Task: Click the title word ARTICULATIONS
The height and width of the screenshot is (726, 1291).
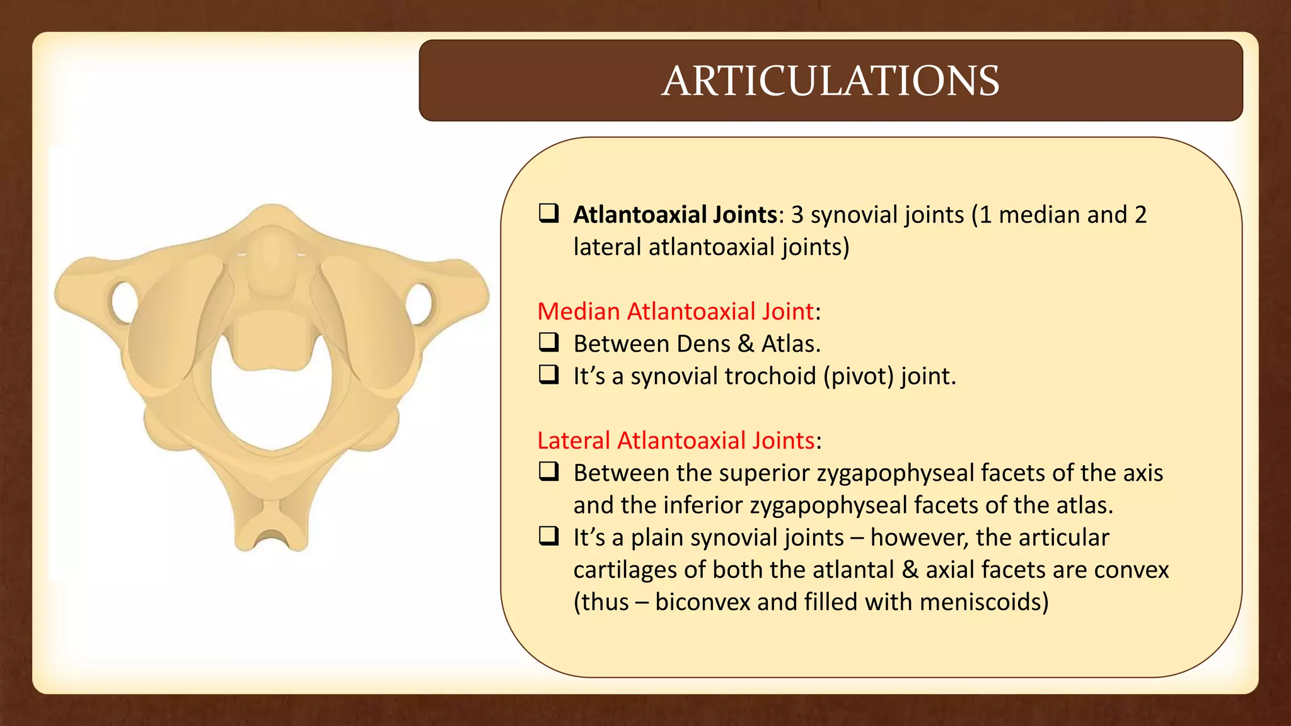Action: pos(830,81)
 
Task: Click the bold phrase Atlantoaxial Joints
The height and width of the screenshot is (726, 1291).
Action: pos(674,215)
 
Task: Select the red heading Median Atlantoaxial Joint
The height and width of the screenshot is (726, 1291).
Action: pos(675,311)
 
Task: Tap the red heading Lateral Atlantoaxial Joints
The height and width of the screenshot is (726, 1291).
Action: pos(676,441)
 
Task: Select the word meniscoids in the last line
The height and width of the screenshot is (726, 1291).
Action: pos(983,602)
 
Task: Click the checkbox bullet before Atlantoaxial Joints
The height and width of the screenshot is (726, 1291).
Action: pos(548,213)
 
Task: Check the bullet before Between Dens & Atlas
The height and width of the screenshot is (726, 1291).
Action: pos(548,342)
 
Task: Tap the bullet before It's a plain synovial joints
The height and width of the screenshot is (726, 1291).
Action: pos(548,536)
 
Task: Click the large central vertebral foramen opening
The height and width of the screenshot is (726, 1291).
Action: pos(272,403)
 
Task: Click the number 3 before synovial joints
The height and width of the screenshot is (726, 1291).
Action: pos(797,215)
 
